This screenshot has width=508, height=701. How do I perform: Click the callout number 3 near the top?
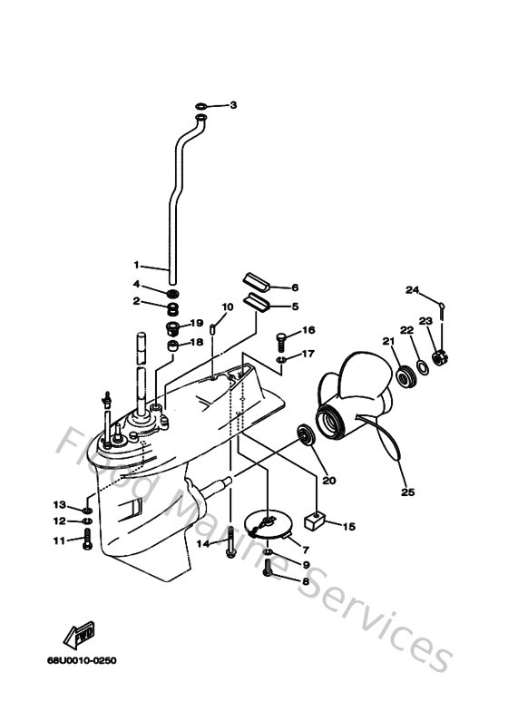(x=232, y=106)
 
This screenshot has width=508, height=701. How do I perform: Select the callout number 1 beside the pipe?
(x=138, y=266)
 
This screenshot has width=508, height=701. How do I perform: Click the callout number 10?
(x=228, y=307)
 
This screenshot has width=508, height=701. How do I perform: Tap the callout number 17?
(x=308, y=354)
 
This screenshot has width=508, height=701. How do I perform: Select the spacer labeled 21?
(x=400, y=375)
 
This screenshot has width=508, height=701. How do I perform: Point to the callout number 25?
(x=407, y=492)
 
